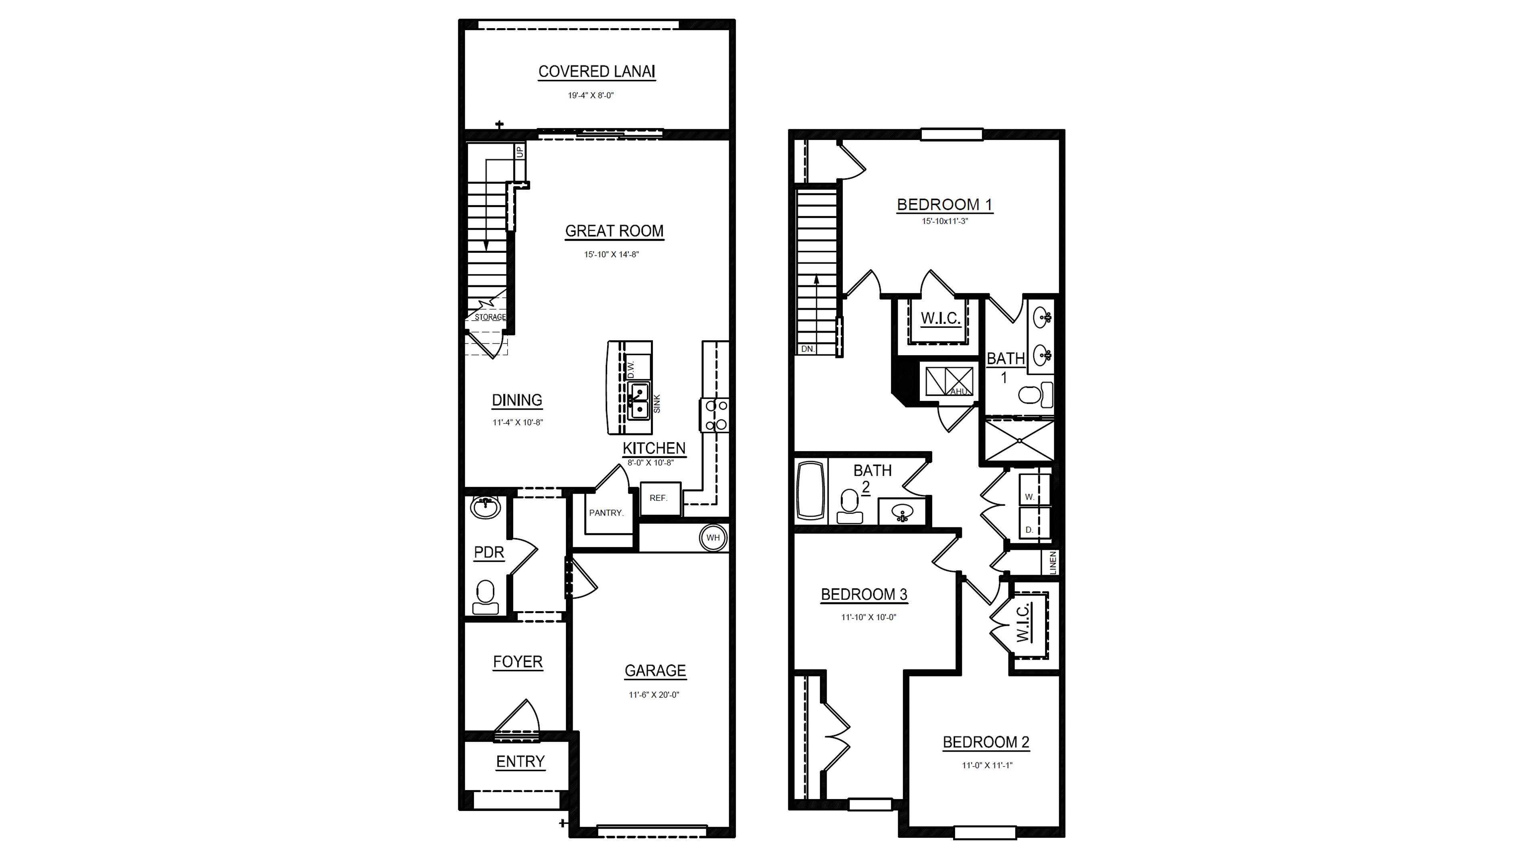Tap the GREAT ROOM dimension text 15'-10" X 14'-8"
coord(612,254)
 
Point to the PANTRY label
coord(606,513)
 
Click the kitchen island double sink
coord(639,401)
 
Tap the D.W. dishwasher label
coord(631,370)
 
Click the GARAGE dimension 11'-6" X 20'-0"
coord(654,695)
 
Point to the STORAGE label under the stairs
coord(490,317)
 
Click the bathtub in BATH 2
coord(810,491)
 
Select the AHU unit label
coord(958,391)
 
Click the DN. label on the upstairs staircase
coord(807,350)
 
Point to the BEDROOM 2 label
coord(986,742)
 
